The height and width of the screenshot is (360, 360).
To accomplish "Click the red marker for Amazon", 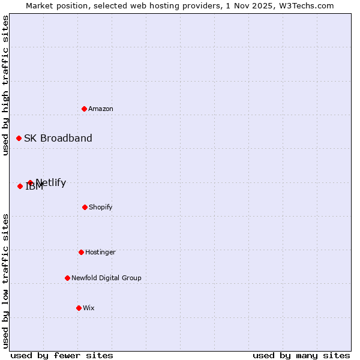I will (85, 109).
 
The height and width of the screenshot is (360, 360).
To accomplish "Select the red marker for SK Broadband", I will (19, 138).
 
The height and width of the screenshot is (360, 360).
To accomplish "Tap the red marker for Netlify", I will (30, 182).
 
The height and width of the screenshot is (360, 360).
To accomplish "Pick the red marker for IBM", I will (20, 186).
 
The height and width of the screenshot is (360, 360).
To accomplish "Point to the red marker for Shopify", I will (85, 207).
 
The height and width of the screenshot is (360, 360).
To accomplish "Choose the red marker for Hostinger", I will (81, 252).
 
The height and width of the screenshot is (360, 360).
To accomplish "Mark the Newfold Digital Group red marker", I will (67, 278).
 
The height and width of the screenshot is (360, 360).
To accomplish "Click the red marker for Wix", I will (79, 308).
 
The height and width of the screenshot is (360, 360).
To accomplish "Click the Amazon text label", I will (101, 109).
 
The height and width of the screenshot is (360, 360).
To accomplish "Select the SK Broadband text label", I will (58, 138).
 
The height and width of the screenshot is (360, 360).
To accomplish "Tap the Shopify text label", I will (101, 207).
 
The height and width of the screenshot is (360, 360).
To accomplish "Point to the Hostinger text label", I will (100, 252).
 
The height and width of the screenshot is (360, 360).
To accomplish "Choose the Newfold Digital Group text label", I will (106, 278).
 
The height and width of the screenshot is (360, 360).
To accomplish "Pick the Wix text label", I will (89, 308).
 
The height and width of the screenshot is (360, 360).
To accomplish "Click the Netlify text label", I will (52, 182).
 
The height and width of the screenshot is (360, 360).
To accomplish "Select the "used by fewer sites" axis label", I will (62, 355).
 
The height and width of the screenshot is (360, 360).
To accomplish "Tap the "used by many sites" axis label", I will (301, 355).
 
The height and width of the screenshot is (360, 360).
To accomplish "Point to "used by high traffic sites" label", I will (5, 85).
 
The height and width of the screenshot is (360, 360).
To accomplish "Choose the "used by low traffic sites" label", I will (5, 280).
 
